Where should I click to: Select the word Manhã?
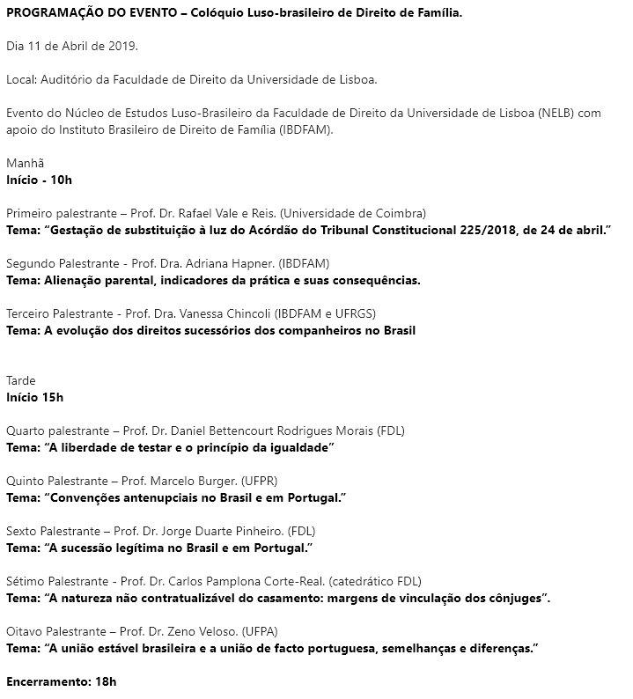25,163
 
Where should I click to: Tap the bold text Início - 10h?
39,180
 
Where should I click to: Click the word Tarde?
21,380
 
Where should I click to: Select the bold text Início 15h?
35,397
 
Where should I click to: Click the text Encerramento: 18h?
62,681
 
